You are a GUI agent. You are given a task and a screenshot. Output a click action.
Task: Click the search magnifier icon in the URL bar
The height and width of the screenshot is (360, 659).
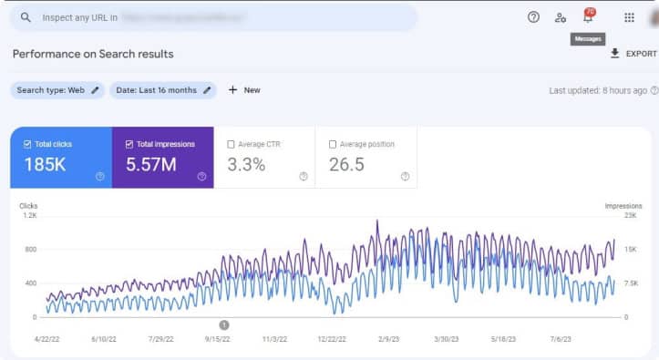[x=26, y=17]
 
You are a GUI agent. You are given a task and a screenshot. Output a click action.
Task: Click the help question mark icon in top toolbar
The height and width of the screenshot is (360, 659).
[x=533, y=17]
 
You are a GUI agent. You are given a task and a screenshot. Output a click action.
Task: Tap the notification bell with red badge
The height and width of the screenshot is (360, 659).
[x=588, y=17]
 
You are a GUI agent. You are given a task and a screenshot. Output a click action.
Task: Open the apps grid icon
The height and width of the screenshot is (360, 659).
[x=629, y=17]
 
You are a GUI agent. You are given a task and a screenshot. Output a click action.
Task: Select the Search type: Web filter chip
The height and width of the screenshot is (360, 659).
[x=58, y=90]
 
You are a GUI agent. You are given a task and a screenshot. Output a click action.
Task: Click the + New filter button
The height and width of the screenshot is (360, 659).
[x=244, y=90]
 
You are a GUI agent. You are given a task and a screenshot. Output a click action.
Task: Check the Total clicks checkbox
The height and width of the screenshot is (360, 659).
[x=27, y=144]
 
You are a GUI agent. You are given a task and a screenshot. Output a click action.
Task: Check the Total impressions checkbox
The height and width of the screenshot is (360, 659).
[x=129, y=144]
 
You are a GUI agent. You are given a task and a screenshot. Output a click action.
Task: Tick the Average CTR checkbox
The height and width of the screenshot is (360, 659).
[x=230, y=144]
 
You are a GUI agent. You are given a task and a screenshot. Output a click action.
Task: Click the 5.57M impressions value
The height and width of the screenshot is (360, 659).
[x=150, y=165]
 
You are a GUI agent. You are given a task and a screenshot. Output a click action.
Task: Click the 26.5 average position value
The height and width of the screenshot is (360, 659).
[x=346, y=165]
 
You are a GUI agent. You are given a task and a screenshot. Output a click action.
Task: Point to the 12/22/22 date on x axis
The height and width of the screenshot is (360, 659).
[x=332, y=338]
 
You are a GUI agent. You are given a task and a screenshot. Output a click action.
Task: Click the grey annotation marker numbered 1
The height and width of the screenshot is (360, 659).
[x=224, y=324]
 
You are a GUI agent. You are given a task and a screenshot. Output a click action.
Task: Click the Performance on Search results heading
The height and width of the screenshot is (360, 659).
[x=93, y=54]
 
